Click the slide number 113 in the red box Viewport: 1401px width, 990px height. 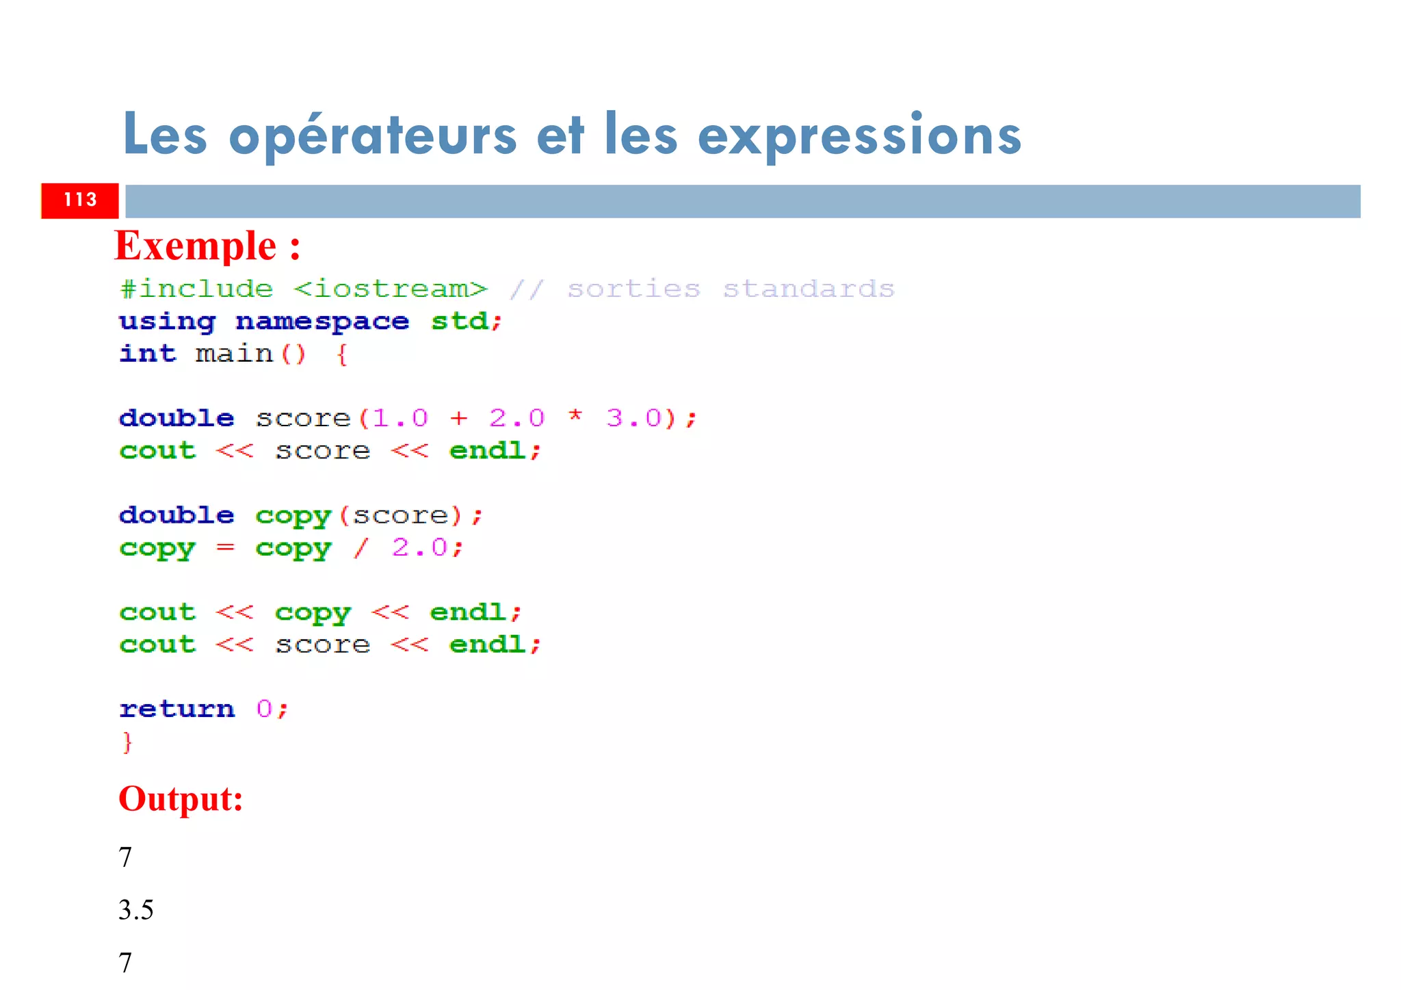(x=80, y=200)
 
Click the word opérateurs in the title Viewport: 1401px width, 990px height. (x=373, y=135)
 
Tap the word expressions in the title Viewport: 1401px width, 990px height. (x=859, y=135)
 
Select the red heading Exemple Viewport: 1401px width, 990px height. (x=196, y=246)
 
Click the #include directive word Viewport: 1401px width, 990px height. (x=196, y=289)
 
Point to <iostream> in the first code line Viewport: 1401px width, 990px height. (x=391, y=289)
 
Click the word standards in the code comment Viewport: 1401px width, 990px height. (x=809, y=289)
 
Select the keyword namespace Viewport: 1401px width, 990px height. (x=322, y=322)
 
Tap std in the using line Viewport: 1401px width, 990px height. (x=460, y=322)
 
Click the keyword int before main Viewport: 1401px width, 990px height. (x=148, y=354)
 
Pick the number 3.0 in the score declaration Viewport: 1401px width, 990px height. (x=634, y=418)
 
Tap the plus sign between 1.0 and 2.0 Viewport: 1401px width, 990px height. (x=459, y=418)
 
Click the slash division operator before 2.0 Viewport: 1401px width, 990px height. (x=361, y=547)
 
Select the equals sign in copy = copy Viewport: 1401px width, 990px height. (x=225, y=547)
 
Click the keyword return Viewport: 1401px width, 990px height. (x=177, y=709)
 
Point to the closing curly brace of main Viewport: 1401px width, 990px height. (x=127, y=742)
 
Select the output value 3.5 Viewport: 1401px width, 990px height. (x=136, y=910)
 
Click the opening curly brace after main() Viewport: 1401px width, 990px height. (x=342, y=354)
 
